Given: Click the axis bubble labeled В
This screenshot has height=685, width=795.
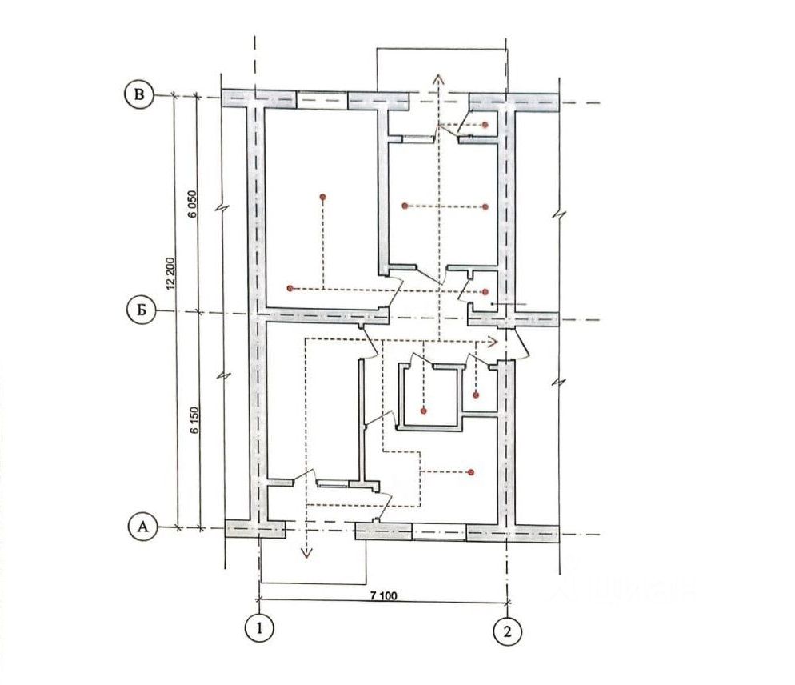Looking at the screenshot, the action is point(140,94).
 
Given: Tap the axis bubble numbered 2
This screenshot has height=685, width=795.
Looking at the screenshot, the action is point(506,631).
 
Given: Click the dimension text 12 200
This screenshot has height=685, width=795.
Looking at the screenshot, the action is point(170,273).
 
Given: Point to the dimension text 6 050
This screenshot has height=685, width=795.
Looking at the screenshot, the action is point(191,204).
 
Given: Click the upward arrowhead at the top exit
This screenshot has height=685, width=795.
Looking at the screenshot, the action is point(437,78).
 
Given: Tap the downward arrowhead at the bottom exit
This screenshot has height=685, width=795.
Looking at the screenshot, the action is point(304,553).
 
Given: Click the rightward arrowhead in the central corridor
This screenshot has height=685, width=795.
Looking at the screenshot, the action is point(493,341).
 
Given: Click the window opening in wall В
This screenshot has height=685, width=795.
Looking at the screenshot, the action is point(322,99).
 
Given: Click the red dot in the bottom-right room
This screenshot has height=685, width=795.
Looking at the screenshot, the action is point(472,471).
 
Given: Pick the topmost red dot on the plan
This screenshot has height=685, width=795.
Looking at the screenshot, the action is point(486,125).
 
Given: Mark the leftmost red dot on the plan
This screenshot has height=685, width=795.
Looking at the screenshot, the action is point(290,287).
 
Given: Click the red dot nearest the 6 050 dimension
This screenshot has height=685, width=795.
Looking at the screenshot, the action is point(322,196).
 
